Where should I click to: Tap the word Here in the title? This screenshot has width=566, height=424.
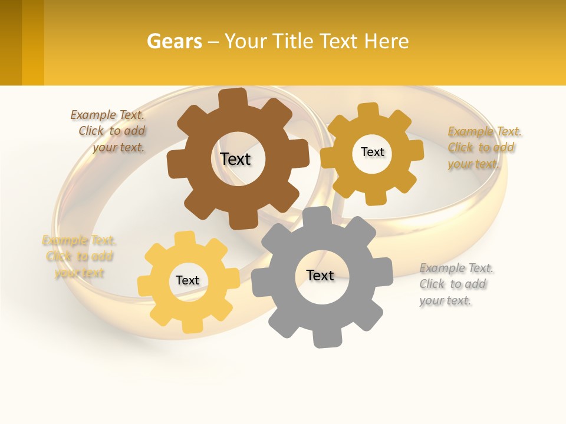[x=386, y=42]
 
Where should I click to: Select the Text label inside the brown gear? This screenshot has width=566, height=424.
[x=236, y=159]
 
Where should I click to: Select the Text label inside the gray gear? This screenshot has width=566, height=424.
[x=320, y=275]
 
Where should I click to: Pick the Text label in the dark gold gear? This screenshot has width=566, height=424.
[x=373, y=152]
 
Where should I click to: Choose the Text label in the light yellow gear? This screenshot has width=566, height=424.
[x=187, y=280]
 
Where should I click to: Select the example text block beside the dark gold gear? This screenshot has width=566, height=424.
[x=483, y=147]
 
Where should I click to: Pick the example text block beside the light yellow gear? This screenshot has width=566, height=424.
[x=79, y=256]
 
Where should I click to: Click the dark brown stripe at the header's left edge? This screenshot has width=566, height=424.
[x=11, y=42]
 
